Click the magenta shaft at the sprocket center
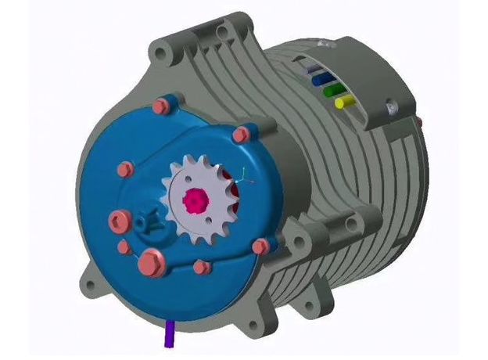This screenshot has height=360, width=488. coord(193,200)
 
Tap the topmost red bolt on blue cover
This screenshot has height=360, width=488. coord(162,105)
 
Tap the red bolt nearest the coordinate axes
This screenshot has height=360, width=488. coord(243,136)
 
